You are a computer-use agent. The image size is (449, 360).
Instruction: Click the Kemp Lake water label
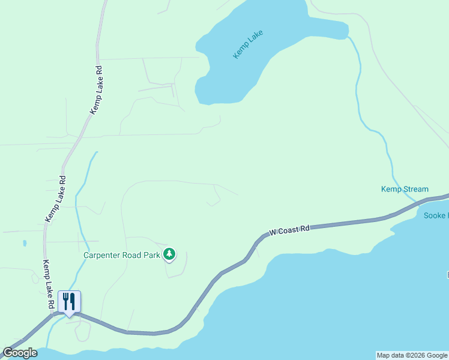[x=249, y=44]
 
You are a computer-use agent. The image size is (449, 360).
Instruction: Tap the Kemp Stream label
[x=405, y=189]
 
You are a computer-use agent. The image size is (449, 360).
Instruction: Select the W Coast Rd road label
[x=289, y=230]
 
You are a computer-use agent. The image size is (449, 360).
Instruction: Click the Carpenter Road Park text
[x=121, y=254]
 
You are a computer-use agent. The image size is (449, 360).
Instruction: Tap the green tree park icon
[x=170, y=254]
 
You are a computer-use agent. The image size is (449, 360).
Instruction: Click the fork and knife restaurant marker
[x=70, y=301]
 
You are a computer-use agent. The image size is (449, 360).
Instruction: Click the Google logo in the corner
[x=20, y=353]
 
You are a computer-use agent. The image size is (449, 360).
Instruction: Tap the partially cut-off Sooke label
[x=436, y=215]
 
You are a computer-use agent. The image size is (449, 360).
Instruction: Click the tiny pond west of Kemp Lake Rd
[x=24, y=243]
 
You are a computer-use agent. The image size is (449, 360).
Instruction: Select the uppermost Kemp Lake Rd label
[x=96, y=90]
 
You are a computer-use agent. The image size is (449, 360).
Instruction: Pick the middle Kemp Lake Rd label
[x=55, y=199]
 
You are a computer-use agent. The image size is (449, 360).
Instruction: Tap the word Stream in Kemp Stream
[x=416, y=189]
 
